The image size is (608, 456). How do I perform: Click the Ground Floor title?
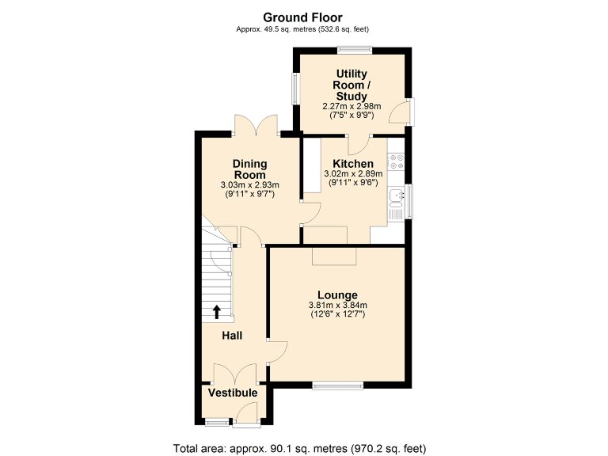point(303,17)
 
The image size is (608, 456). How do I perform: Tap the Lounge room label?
point(338,294)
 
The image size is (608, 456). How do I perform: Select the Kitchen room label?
point(353,164)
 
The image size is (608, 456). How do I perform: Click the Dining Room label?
point(249,169)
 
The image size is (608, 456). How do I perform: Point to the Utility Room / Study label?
point(351,85)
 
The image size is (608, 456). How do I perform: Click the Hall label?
point(232,336)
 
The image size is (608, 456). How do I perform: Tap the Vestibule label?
point(233,393)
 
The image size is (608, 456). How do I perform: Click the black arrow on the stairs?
point(216,311)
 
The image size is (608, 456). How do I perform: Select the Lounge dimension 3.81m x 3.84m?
point(338,306)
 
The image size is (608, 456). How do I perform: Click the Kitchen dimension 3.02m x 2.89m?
point(353,174)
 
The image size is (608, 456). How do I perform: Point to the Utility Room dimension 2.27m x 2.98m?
point(351,106)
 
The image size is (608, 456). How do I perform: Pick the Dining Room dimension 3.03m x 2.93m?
point(249,185)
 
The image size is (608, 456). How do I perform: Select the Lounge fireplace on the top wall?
point(334,255)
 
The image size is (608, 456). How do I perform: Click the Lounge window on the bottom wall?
point(338,386)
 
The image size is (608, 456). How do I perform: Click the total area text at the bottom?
point(303,447)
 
